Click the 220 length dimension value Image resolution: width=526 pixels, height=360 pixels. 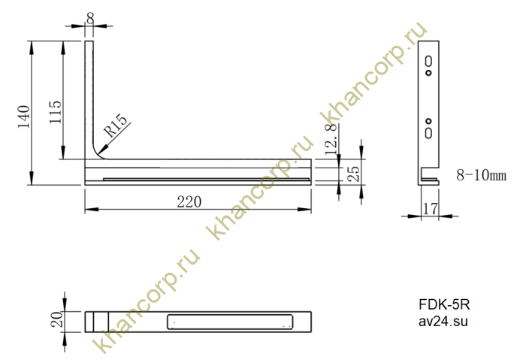pyautogui.click(x=189, y=202)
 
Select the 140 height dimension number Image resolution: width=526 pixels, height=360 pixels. pyautogui.click(x=24, y=116)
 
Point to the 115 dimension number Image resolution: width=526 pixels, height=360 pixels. pyautogui.click(x=56, y=112)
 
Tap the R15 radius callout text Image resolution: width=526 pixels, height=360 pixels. pyautogui.click(x=116, y=126)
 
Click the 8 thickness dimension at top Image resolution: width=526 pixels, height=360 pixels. pyautogui.click(x=90, y=19)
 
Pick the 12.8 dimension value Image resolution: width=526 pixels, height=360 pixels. pyautogui.click(x=331, y=139)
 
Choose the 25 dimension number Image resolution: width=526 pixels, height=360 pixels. pyautogui.click(x=354, y=174)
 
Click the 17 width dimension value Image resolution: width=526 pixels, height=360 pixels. pyautogui.click(x=430, y=209)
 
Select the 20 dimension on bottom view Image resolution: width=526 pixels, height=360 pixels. pyautogui.click(x=57, y=319)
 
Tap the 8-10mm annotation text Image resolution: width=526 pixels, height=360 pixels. pyautogui.click(x=481, y=175)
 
